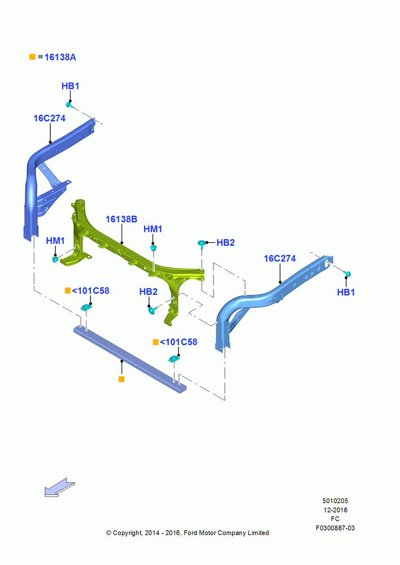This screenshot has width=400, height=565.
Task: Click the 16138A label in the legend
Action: tap(60, 57)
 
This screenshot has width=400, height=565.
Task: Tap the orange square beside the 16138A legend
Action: tap(32, 57)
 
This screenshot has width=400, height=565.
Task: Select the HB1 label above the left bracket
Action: tap(70, 86)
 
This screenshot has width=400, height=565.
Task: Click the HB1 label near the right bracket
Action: tap(346, 292)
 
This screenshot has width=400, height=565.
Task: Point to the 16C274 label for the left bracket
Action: tap(49, 118)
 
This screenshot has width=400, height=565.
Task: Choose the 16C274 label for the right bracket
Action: tap(280, 258)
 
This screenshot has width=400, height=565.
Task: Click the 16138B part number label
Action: tap(121, 219)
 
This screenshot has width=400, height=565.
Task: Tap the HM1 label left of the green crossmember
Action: tap(55, 241)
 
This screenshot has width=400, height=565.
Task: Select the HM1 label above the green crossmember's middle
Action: tap(153, 229)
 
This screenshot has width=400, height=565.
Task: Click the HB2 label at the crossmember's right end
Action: tap(225, 242)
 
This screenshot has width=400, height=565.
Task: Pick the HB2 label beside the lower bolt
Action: tap(149, 292)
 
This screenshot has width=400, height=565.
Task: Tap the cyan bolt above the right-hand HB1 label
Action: tap(347, 274)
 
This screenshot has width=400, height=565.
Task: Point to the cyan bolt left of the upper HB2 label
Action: tap(202, 243)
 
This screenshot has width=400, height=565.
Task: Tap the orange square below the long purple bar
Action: tap(121, 379)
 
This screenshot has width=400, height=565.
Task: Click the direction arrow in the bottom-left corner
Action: tap(59, 488)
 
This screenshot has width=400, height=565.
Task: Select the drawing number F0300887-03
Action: tap(335, 528)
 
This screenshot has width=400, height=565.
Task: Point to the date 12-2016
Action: tap(336, 510)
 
